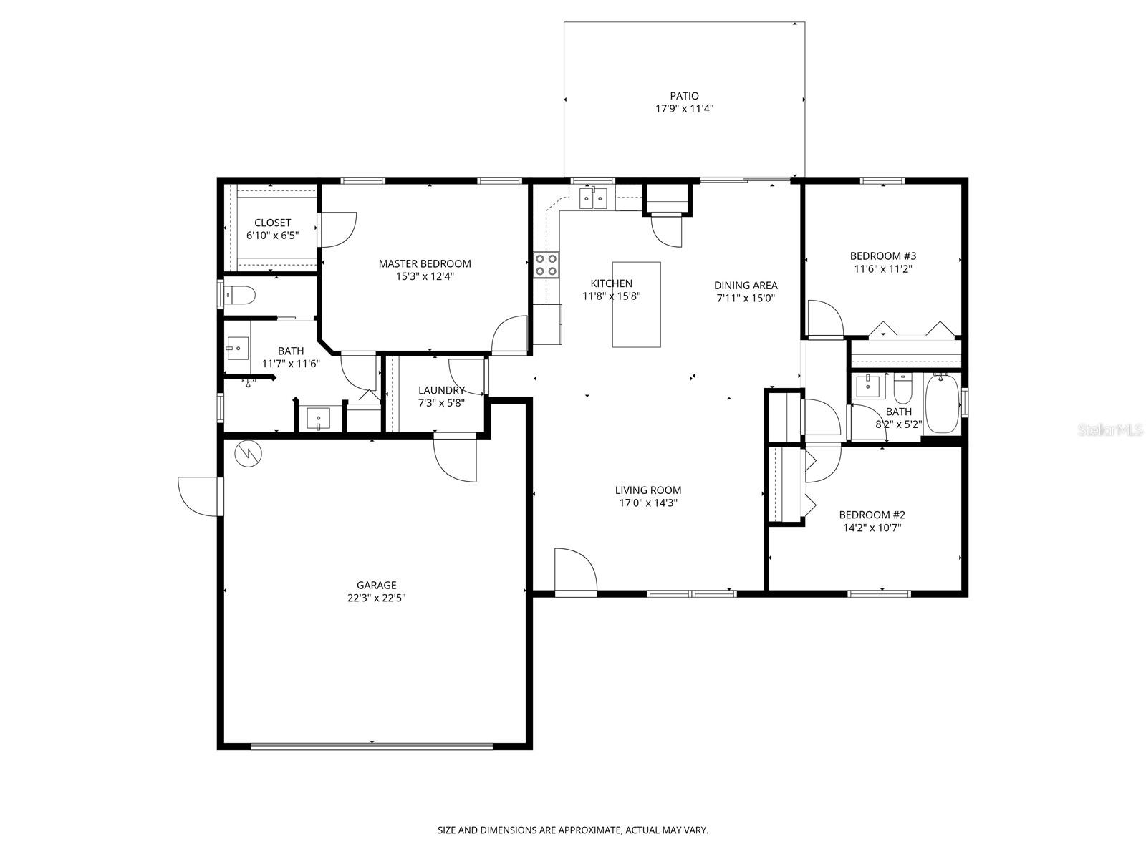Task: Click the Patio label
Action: (x=684, y=96)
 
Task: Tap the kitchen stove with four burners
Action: (x=546, y=266)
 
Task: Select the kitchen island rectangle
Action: (x=636, y=304)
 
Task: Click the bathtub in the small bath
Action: (x=942, y=404)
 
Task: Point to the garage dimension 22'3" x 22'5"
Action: (x=377, y=598)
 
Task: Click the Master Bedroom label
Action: (x=425, y=263)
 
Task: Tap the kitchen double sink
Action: (x=594, y=198)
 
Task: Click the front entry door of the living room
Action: (x=575, y=573)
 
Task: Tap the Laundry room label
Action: (x=441, y=390)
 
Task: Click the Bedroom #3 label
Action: (x=882, y=256)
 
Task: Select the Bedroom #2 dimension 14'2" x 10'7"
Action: (x=872, y=528)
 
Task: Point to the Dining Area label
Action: (x=745, y=285)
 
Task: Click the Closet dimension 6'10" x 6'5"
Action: (x=272, y=236)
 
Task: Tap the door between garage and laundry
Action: (x=455, y=458)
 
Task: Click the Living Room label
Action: (x=648, y=490)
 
